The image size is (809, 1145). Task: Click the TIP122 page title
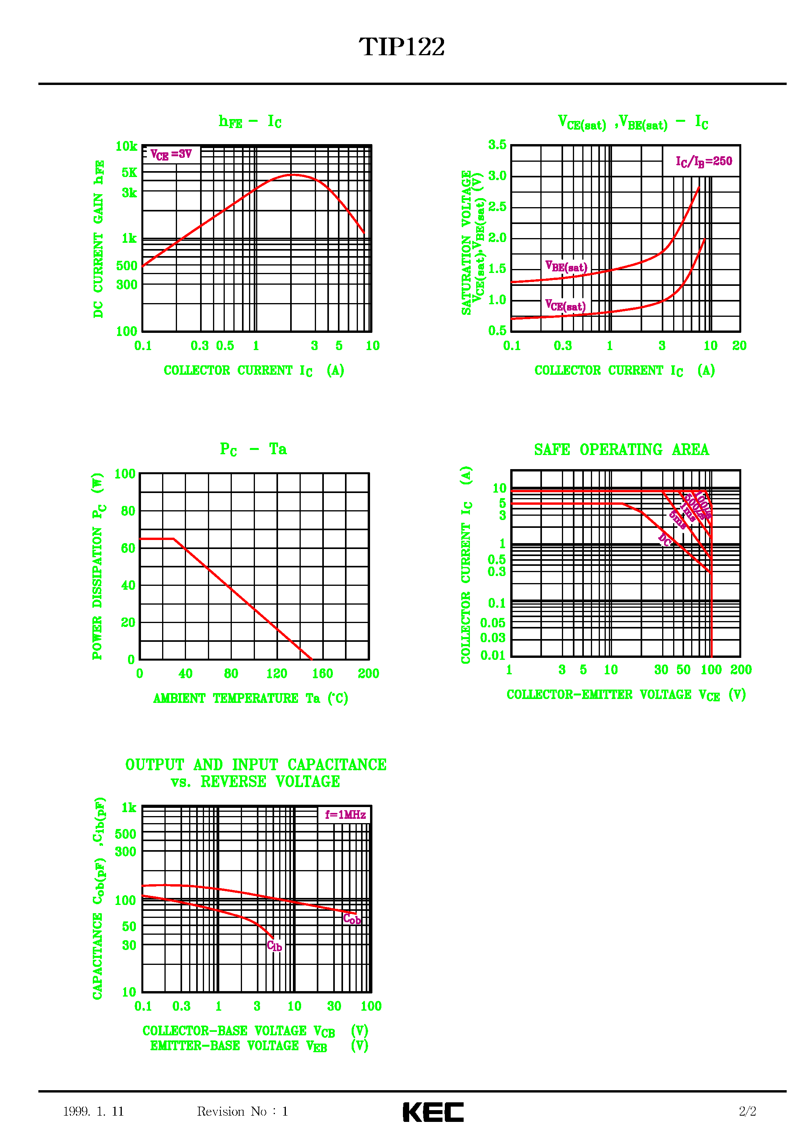(x=401, y=47)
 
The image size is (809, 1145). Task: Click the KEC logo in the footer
(x=433, y=1112)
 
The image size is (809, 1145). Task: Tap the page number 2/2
(x=747, y=1111)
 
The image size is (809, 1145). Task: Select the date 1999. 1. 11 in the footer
(x=93, y=1111)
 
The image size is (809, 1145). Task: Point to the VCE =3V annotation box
(x=171, y=154)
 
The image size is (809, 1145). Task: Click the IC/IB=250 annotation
(x=704, y=161)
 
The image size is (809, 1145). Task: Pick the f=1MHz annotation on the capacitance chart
(x=345, y=815)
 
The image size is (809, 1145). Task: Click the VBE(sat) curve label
(x=566, y=267)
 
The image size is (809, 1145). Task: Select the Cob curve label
(x=352, y=919)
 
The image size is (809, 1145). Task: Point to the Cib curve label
(x=274, y=946)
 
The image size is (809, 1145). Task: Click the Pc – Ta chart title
(x=253, y=449)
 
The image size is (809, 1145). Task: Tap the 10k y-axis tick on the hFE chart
(x=126, y=146)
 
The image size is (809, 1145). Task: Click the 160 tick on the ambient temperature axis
(x=322, y=674)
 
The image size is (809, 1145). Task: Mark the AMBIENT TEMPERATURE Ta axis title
(x=250, y=698)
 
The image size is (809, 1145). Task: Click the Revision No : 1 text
(x=242, y=1111)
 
